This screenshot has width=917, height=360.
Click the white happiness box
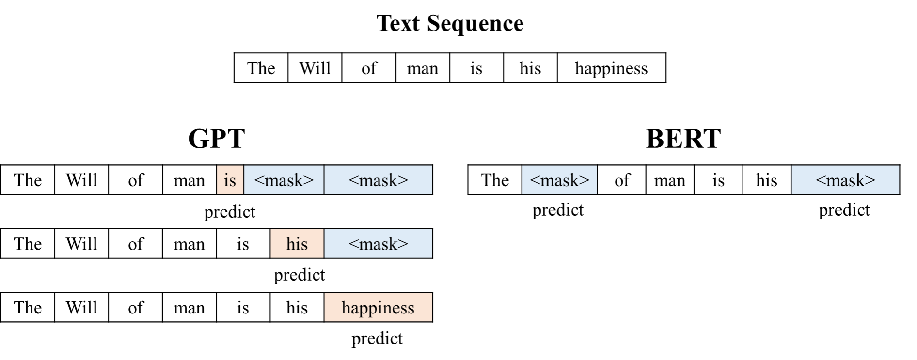611,68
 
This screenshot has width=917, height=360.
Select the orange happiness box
378,307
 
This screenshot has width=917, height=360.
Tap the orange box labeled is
230,180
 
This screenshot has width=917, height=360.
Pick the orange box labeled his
297,243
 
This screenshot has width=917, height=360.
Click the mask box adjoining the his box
378,243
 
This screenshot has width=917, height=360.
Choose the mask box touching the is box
284,180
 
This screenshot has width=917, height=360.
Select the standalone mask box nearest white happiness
559,180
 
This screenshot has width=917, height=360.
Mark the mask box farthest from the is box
845,180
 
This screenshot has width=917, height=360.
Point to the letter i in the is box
226,180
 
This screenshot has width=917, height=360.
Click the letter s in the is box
233,181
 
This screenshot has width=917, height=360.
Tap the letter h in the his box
290,243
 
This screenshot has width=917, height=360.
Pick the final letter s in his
304,244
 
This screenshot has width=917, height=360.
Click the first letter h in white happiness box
579,68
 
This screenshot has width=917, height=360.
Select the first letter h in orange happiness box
346,307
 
